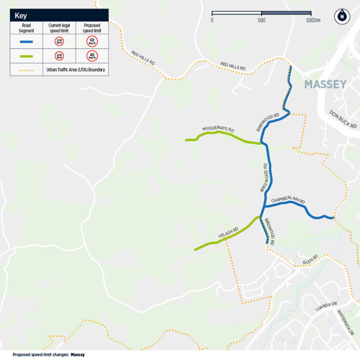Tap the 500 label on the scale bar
[261, 20]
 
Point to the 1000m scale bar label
[312, 20]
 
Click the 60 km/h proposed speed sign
[92, 42]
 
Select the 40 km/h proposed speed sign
[92, 56]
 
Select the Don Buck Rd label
[343, 119]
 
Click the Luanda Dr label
[325, 306]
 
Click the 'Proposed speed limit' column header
[92, 28]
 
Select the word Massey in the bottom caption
[78, 354]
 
